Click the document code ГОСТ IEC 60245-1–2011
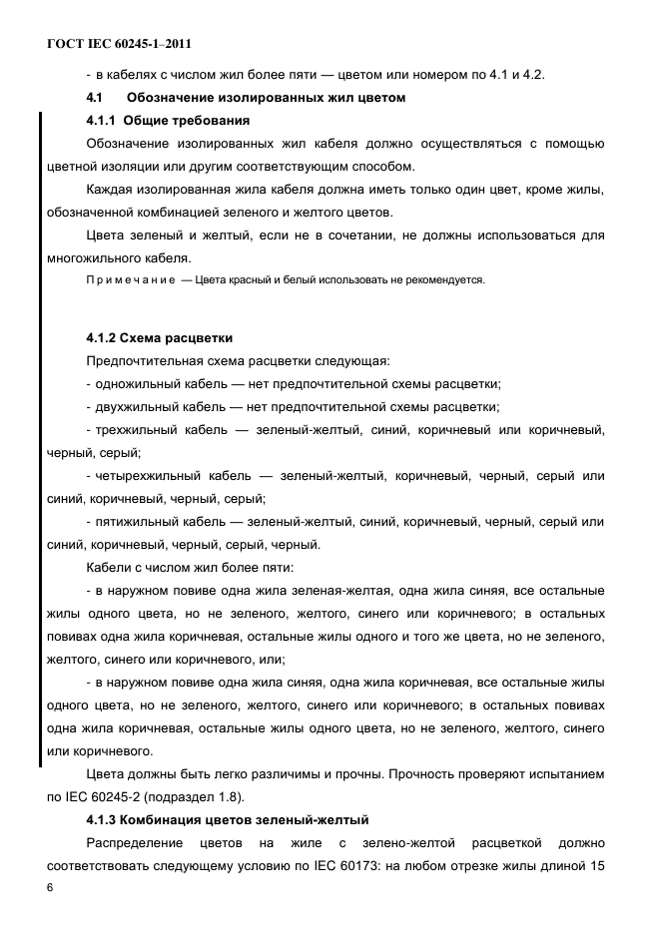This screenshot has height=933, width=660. (119, 44)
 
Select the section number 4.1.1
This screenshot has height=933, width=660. (104, 121)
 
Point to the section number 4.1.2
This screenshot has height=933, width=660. (104, 337)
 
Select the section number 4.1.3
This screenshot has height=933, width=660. (104, 820)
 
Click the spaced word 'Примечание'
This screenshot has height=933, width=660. (130, 279)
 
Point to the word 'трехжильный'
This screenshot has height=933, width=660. (139, 430)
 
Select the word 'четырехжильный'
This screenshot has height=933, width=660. (147, 476)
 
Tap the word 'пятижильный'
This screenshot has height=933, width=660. (137, 522)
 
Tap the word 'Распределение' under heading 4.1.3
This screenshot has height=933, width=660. (139, 843)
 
